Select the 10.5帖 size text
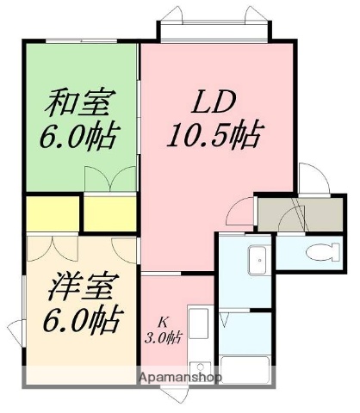[215, 136]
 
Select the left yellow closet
[52, 213]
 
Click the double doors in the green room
[110, 177]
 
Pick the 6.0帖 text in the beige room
[84, 320]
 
